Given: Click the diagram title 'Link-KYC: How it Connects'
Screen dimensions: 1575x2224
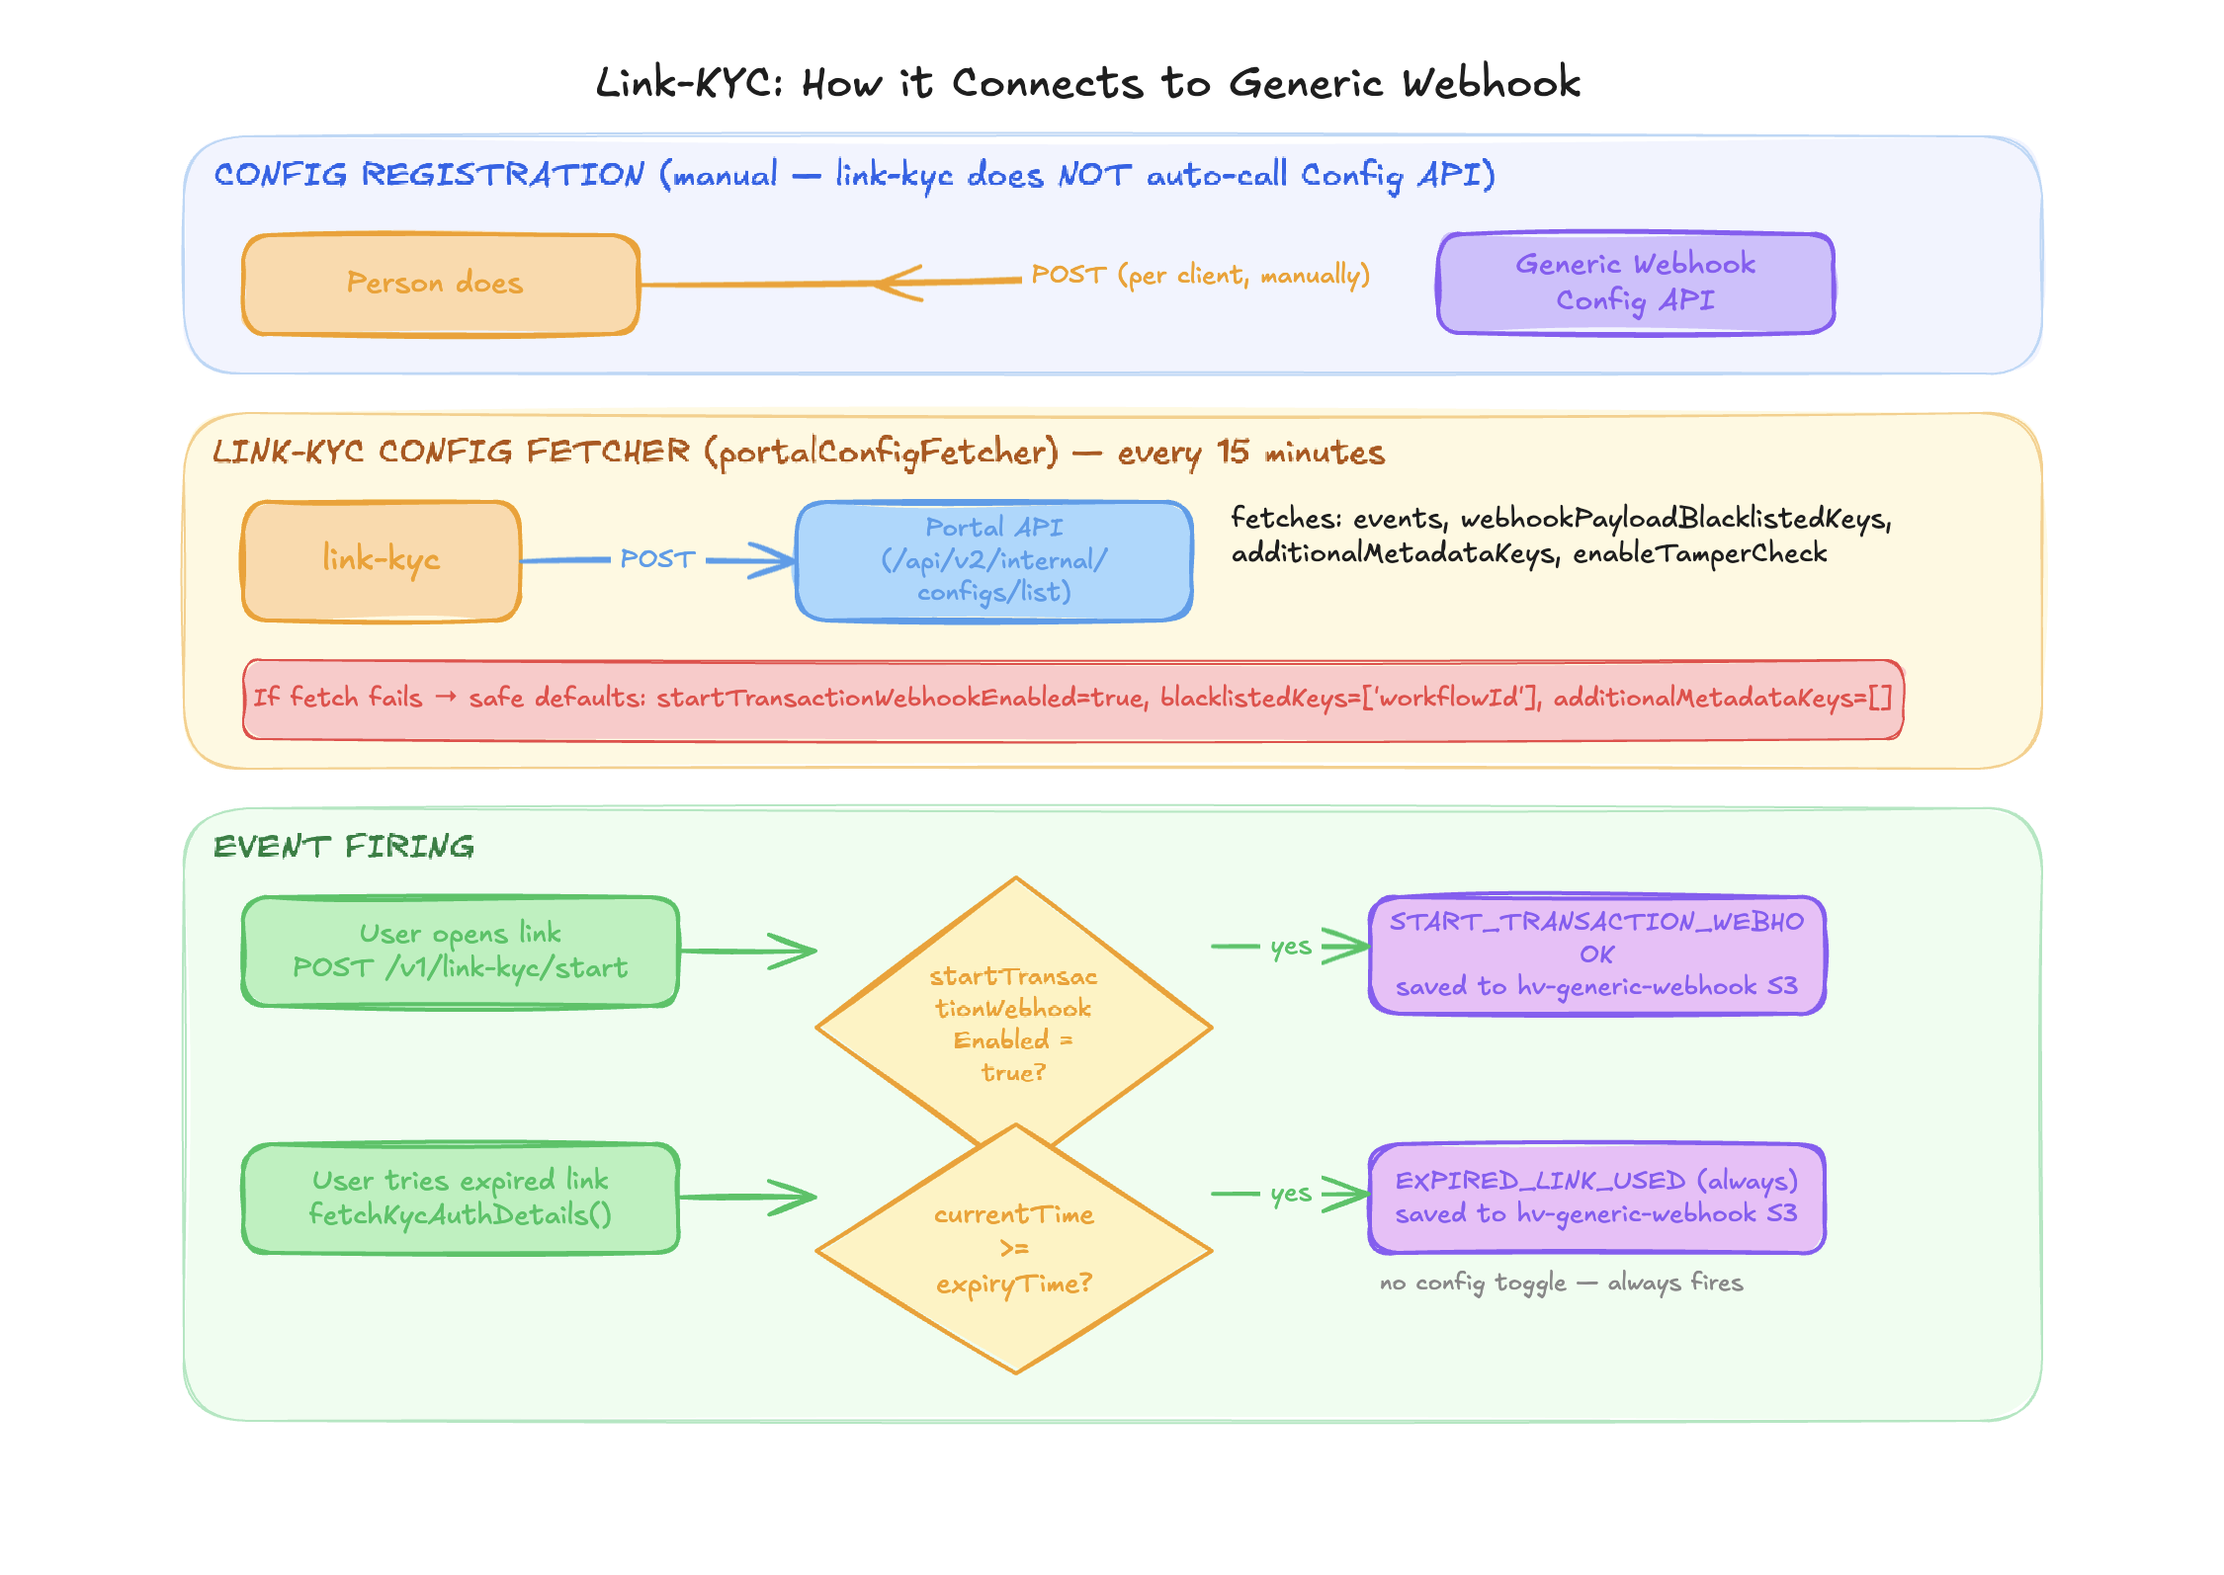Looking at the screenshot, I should (1087, 83).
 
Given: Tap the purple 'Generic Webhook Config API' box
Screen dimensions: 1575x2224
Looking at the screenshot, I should (1635, 283).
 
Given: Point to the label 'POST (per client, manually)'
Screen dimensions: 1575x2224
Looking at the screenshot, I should (1200, 275).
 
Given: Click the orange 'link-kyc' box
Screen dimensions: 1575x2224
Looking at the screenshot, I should (382, 560).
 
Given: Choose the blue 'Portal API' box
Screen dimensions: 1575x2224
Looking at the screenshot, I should (993, 560).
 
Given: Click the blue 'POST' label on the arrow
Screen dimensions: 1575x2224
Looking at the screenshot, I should (657, 559).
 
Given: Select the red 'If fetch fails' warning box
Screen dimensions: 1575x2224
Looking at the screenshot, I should (1072, 699).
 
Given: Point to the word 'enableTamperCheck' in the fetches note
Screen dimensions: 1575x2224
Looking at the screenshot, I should (1699, 553).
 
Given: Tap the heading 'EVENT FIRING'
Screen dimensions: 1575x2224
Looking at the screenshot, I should (344, 847).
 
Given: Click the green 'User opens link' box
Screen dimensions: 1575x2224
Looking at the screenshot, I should (460, 951).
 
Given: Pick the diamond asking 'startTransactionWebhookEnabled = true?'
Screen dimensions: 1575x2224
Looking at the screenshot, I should (1013, 1008).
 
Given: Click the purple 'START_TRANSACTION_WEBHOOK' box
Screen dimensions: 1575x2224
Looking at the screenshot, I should (1596, 954).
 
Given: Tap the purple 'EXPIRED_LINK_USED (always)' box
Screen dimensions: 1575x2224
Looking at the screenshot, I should (1596, 1198).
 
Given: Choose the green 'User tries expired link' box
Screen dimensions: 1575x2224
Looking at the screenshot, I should (460, 1198).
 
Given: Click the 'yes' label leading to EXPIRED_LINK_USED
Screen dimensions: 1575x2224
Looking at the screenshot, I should (1291, 1194).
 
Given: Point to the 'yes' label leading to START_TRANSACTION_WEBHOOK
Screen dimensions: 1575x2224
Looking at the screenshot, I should (1291, 947).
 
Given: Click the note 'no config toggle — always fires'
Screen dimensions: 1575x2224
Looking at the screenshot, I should (1561, 1283).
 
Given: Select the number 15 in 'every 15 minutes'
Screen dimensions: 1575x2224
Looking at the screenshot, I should (1233, 452).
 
